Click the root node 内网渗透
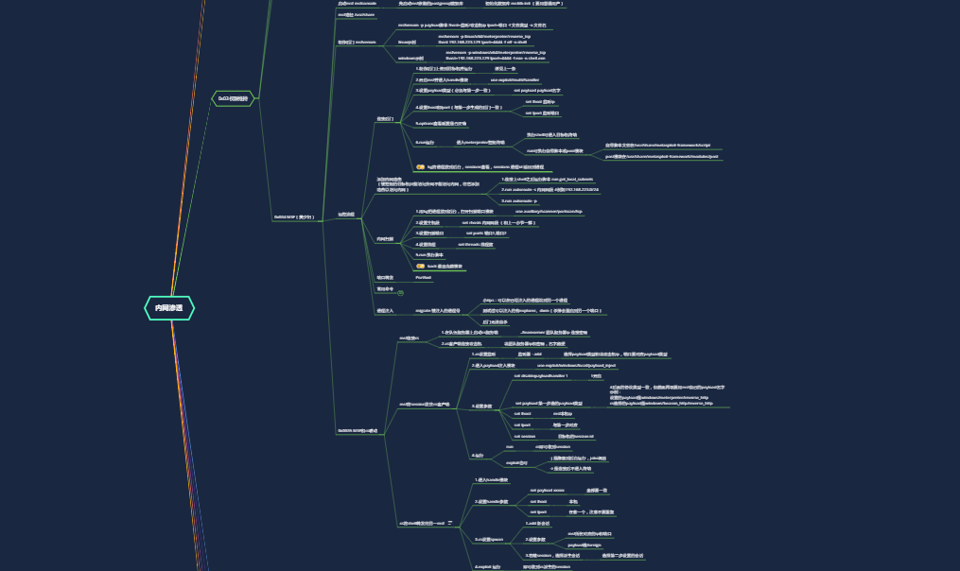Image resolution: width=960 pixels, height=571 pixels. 169,307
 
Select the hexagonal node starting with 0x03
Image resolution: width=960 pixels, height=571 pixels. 233,98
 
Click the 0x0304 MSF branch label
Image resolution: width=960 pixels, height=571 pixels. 294,216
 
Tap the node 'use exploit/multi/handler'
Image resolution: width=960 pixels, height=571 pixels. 515,80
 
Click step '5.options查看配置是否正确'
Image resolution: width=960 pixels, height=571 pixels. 441,124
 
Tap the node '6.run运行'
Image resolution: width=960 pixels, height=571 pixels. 425,143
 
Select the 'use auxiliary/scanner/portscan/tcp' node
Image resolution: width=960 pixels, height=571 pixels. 542,212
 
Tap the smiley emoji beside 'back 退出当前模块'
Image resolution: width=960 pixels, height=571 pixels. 419,267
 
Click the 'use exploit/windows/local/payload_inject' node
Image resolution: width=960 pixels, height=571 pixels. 576,365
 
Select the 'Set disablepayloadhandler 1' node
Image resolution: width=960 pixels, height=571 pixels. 541,376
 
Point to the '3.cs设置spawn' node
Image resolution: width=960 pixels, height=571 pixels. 489,539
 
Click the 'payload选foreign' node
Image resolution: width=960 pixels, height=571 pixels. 585,545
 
